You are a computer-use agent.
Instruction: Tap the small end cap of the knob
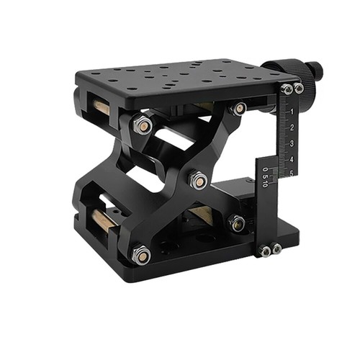coord(315,72)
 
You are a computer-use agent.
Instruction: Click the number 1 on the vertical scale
coord(291,114)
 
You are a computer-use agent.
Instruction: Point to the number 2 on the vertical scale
coord(291,128)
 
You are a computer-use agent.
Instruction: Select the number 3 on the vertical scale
coord(291,143)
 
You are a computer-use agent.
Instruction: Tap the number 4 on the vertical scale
coord(291,158)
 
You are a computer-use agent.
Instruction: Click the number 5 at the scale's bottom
coord(291,173)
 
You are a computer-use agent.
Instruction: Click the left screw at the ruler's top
coord(287,89)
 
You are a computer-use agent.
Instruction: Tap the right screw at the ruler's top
coord(298,89)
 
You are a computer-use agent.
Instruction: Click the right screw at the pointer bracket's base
coord(276,249)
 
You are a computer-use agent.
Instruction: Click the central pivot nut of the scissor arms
coord(197,180)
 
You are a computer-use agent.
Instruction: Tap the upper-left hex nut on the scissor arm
coord(143,125)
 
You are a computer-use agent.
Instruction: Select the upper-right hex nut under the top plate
coord(238,109)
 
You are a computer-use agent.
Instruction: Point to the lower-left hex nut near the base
coord(141,253)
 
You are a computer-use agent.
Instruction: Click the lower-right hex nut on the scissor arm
coord(237,222)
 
